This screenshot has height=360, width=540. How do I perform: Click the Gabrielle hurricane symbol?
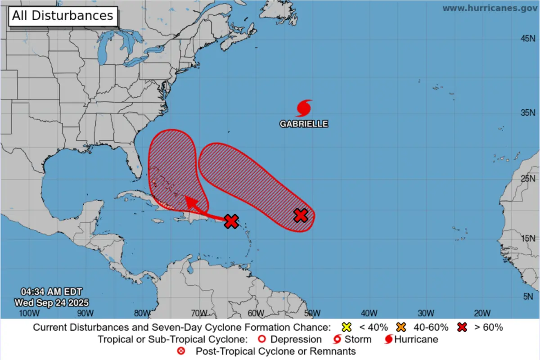(x=304, y=108)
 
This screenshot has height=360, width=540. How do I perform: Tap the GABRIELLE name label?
(x=304, y=124)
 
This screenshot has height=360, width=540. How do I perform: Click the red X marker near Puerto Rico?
(x=231, y=221)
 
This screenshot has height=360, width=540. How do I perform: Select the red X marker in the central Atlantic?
(x=301, y=216)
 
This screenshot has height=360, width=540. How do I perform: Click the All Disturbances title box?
(x=62, y=16)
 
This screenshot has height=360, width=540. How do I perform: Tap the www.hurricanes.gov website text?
(x=489, y=8)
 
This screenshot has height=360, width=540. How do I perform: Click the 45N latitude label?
(x=528, y=39)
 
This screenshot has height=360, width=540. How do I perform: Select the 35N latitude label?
(x=528, y=112)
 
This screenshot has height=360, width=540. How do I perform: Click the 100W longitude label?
(x=27, y=313)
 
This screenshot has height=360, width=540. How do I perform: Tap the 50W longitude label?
(x=311, y=313)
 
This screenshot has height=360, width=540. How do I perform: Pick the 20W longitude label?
(x=482, y=313)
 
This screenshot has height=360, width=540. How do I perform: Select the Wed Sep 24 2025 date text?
(x=51, y=302)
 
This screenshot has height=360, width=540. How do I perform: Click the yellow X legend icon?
(x=346, y=327)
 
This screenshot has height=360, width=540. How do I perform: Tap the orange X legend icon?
(x=402, y=327)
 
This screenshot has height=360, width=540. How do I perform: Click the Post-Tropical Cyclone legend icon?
(x=181, y=351)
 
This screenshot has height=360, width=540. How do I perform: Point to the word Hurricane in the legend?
(x=416, y=339)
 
